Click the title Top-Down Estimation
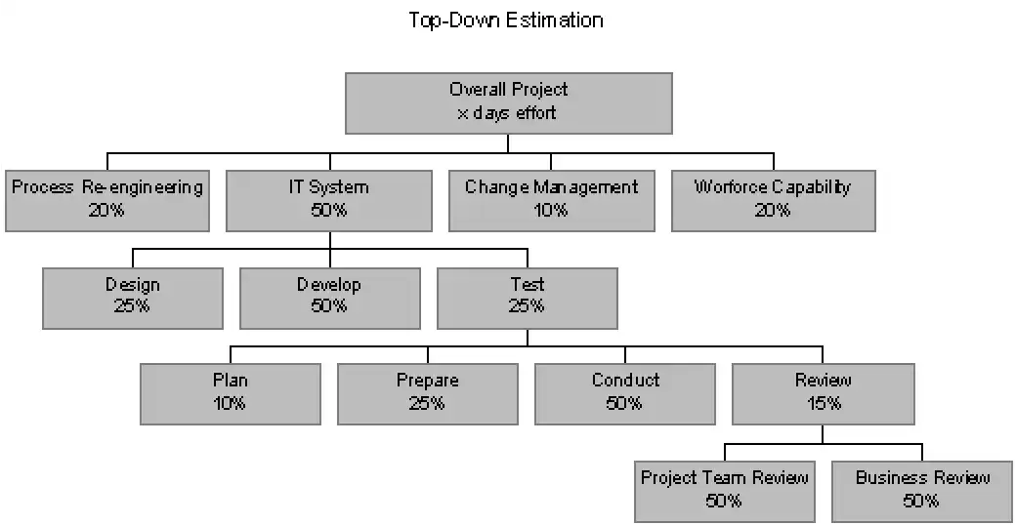coord(506,20)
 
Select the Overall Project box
coord(509,103)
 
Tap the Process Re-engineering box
coord(107,200)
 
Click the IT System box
coord(329,200)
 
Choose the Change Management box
coord(552,200)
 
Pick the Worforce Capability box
coord(774,200)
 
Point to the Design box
coord(133,299)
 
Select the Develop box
coord(330,299)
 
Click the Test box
coord(528,299)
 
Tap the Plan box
coord(231,394)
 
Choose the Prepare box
coord(428,394)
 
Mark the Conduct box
coord(625,394)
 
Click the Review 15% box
coord(824,394)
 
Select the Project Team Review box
coord(724,492)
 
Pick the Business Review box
coord(922,492)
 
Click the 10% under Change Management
coord(551,210)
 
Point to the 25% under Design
coord(132,305)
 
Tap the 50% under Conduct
coord(624,403)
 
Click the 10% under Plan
coord(230,403)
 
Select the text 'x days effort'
coord(507,113)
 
